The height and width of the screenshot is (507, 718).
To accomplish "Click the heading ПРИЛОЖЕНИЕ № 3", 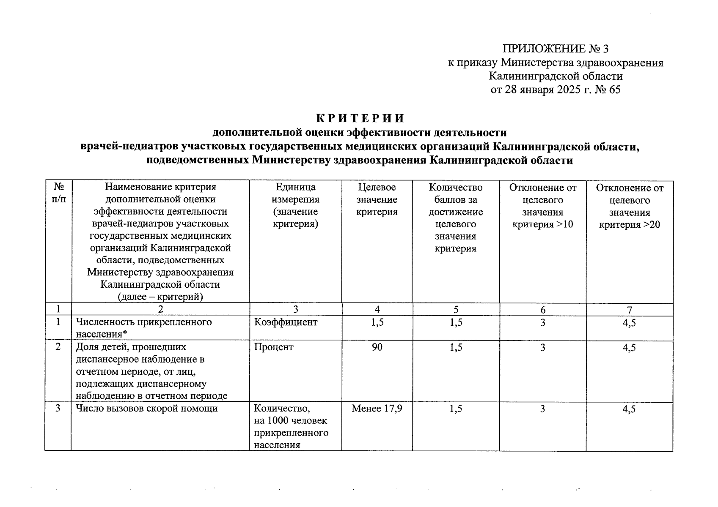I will (556, 49).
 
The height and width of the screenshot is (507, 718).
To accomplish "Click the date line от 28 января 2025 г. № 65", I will (556, 90).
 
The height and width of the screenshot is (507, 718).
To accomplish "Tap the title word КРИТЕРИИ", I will (360, 118).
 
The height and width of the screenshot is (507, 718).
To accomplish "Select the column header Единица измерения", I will (295, 205).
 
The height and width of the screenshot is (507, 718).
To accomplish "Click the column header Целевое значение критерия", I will (377, 199).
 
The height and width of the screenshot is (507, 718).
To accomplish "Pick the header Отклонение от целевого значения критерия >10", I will (542, 206).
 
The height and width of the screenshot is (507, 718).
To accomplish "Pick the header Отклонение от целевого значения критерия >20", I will (629, 206).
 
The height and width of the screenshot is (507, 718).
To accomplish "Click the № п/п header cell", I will (58, 193).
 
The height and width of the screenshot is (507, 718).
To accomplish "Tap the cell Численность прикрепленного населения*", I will (144, 328).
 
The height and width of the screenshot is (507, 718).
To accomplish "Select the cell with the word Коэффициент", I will (286, 322).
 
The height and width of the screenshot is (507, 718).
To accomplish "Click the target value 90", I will (377, 347).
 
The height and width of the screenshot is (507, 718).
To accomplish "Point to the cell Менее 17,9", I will (377, 409).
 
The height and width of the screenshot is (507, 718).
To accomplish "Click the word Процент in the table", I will (274, 347).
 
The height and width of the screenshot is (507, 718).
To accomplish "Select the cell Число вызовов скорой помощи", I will (147, 409).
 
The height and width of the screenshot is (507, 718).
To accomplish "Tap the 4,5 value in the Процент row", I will (629, 348).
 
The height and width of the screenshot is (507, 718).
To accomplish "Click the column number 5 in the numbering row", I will (456, 310).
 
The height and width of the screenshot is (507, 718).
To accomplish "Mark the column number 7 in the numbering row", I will (629, 310).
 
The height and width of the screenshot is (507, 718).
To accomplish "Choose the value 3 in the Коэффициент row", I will (542, 323).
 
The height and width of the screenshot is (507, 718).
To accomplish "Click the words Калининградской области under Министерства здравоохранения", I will (556, 76).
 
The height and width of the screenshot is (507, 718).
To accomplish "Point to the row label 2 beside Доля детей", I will (58, 347).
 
